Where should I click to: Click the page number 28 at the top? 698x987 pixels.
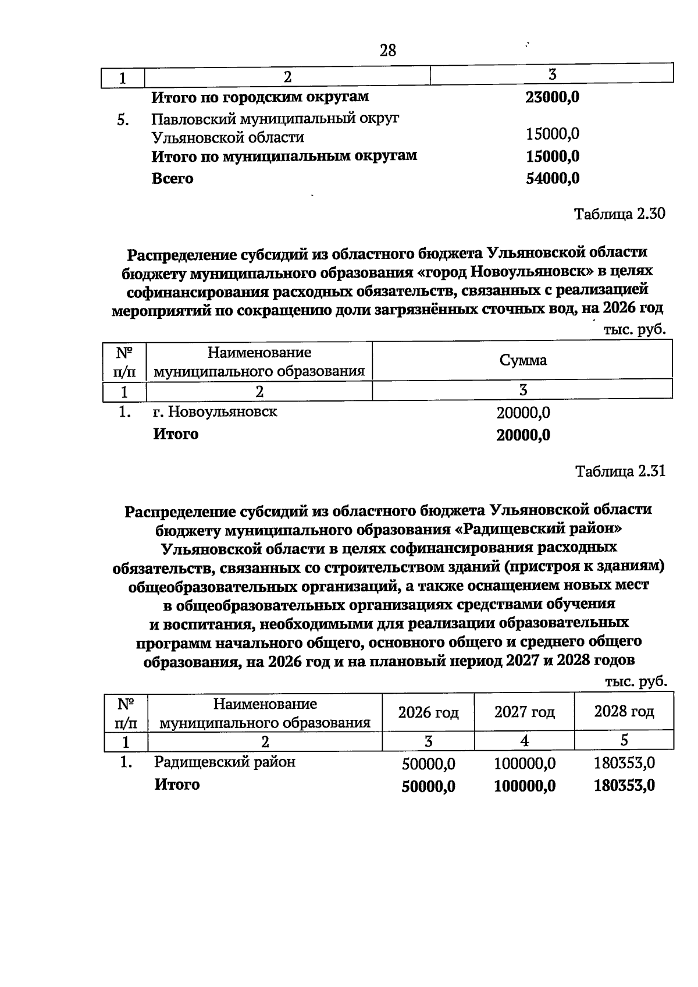pyautogui.click(x=388, y=51)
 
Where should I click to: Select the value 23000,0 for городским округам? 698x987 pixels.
pyautogui.click(x=552, y=97)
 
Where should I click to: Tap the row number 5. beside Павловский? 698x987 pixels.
pyautogui.click(x=122, y=120)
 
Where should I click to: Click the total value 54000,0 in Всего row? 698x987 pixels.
pyautogui.click(x=552, y=179)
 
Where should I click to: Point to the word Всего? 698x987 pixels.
pyautogui.click(x=172, y=179)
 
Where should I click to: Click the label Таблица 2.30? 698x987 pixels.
pyautogui.click(x=619, y=214)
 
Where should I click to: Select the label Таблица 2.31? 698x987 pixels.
pyautogui.click(x=619, y=471)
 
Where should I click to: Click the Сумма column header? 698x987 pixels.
pyautogui.click(x=523, y=360)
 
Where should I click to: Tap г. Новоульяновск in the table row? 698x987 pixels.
pyautogui.click(x=215, y=412)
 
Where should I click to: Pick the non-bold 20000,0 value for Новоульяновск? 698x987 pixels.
pyautogui.click(x=523, y=413)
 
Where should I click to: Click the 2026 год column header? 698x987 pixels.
pyautogui.click(x=428, y=712)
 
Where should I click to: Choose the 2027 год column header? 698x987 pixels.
pyautogui.click(x=524, y=712)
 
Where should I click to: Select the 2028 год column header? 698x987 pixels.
pyautogui.click(x=624, y=712)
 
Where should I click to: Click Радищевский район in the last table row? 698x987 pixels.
pyautogui.click(x=225, y=762)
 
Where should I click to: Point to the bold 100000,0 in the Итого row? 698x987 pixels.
pyautogui.click(x=524, y=786)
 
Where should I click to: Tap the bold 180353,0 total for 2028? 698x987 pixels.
pyautogui.click(x=624, y=786)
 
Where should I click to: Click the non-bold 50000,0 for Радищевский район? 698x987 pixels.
pyautogui.click(x=428, y=764)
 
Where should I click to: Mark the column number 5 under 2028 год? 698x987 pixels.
pyautogui.click(x=624, y=741)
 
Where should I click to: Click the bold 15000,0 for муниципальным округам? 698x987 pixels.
pyautogui.click(x=552, y=157)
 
